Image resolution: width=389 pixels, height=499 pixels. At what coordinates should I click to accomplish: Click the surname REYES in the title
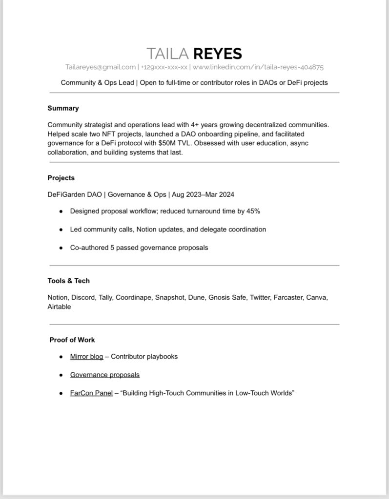(x=217, y=54)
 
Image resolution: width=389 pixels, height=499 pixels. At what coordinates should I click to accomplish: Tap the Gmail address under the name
(x=101, y=67)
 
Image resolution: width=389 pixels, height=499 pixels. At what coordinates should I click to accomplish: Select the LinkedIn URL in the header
(x=258, y=67)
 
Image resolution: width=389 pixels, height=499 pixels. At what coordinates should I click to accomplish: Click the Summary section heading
(x=63, y=108)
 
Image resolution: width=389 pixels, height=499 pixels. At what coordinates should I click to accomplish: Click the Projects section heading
(x=61, y=178)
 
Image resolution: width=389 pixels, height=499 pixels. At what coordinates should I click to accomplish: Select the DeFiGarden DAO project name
(x=75, y=194)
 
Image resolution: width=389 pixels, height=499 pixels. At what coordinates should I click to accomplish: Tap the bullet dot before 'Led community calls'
(x=61, y=230)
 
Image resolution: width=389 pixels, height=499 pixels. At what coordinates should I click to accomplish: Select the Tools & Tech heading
(x=68, y=281)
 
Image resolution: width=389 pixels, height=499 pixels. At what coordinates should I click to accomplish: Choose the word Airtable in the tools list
(x=59, y=307)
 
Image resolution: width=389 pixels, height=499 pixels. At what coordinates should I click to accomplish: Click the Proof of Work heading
(x=72, y=340)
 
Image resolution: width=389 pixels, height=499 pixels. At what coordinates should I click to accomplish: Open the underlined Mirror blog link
(x=86, y=357)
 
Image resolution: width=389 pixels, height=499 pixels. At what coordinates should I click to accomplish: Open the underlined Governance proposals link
(x=105, y=375)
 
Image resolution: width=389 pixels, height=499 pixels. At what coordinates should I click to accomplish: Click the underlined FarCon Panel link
(x=91, y=393)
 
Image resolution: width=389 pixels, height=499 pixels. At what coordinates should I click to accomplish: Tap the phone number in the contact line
(x=164, y=67)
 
